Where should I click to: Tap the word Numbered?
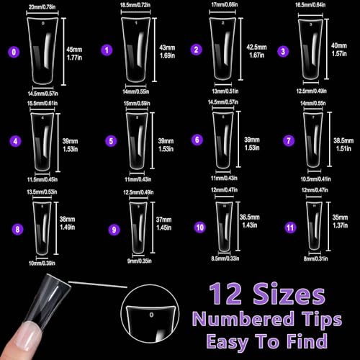[x=230, y=318]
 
